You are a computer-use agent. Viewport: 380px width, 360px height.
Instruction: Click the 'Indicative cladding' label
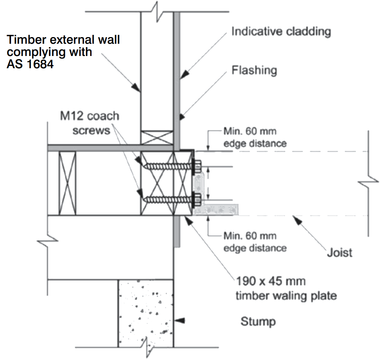[281, 32]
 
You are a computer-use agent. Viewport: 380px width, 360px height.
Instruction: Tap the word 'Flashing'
[254, 70]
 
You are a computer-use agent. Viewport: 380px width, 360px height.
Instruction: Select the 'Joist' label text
[340, 252]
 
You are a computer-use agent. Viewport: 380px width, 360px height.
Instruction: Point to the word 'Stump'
[258, 322]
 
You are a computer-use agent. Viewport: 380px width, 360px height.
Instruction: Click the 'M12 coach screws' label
[90, 123]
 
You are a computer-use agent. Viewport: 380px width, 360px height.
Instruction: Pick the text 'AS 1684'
[30, 64]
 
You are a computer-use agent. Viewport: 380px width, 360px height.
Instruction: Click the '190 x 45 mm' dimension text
[271, 281]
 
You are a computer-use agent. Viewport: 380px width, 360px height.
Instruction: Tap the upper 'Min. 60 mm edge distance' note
[255, 137]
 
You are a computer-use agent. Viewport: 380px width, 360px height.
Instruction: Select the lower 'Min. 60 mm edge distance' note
[255, 242]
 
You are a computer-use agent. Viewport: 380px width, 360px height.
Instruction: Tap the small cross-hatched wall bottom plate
[157, 138]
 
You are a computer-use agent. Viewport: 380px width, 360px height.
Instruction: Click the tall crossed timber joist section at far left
[67, 183]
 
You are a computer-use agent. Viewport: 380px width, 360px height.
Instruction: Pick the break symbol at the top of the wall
[157, 11]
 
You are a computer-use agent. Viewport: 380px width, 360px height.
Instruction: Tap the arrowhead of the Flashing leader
[182, 117]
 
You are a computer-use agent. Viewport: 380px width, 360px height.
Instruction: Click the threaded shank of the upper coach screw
[168, 166]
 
